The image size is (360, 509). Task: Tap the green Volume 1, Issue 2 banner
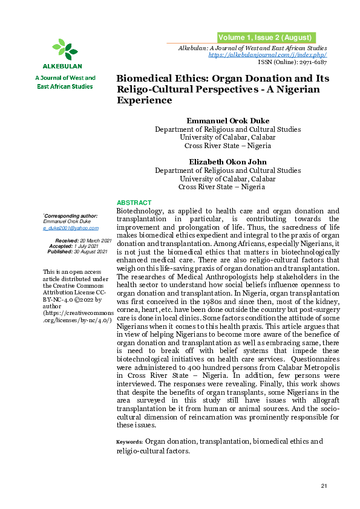click(x=265, y=37)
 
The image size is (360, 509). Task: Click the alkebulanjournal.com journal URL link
click(x=267, y=55)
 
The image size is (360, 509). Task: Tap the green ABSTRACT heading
click(x=134, y=203)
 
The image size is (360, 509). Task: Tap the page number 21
click(x=324, y=487)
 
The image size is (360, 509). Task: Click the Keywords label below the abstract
click(x=129, y=442)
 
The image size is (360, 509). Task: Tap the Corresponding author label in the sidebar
click(x=71, y=215)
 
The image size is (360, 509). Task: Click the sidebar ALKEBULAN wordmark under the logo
click(x=63, y=66)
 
